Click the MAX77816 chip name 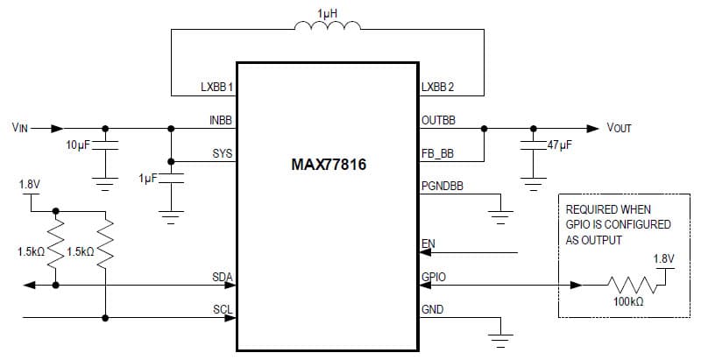pyautogui.click(x=328, y=165)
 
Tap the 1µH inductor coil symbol pyautogui.click(x=328, y=29)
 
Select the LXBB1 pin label pyautogui.click(x=216, y=88)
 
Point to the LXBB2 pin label pyautogui.click(x=438, y=88)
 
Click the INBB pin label pyautogui.click(x=221, y=120)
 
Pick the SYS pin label pyautogui.click(x=223, y=152)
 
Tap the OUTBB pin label pyautogui.click(x=439, y=120)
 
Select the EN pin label pyautogui.click(x=428, y=243)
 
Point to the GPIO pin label pyautogui.click(x=434, y=276)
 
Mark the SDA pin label pyautogui.click(x=223, y=276)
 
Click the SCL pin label pyautogui.click(x=223, y=308)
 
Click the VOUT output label pyautogui.click(x=619, y=128)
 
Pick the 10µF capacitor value pyautogui.click(x=78, y=145)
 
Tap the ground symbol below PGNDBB pyautogui.click(x=500, y=215)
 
